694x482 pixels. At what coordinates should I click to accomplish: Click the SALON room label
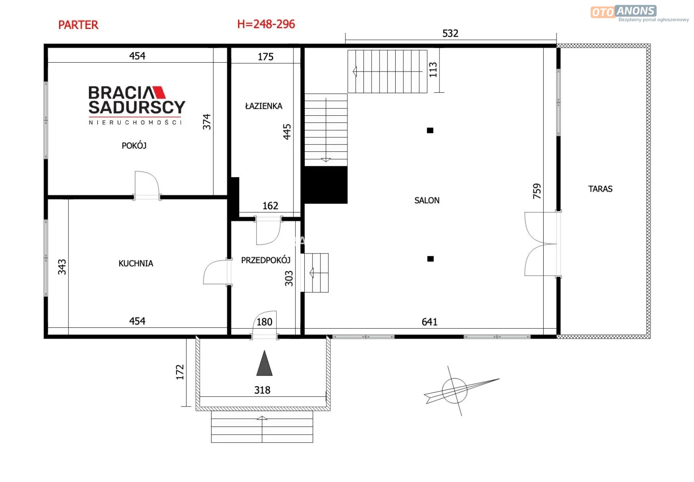[x=427, y=200]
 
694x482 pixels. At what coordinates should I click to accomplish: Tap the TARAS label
[x=600, y=189]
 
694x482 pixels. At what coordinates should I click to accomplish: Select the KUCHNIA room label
[x=136, y=263]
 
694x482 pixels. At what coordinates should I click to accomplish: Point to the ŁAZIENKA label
[x=263, y=106]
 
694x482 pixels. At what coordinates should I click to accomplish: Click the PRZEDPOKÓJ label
[x=265, y=260]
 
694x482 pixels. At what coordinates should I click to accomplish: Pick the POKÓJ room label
[x=134, y=145]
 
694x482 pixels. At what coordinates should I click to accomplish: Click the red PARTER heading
[x=78, y=25]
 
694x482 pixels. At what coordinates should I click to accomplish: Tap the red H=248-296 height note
[x=266, y=24]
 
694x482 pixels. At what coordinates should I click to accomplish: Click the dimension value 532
[x=450, y=33]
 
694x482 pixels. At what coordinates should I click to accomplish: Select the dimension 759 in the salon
[x=537, y=191]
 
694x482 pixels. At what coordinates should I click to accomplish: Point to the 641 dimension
[x=429, y=322]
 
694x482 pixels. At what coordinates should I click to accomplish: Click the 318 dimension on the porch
[x=262, y=390]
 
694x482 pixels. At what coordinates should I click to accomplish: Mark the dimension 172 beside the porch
[x=180, y=372]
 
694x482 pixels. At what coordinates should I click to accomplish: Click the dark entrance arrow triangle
[x=264, y=364]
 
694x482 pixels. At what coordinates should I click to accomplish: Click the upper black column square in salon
[x=430, y=130]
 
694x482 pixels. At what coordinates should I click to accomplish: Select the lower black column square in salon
[x=430, y=259]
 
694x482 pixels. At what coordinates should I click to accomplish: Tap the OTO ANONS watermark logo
[x=639, y=13]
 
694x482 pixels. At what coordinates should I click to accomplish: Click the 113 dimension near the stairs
[x=433, y=69]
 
